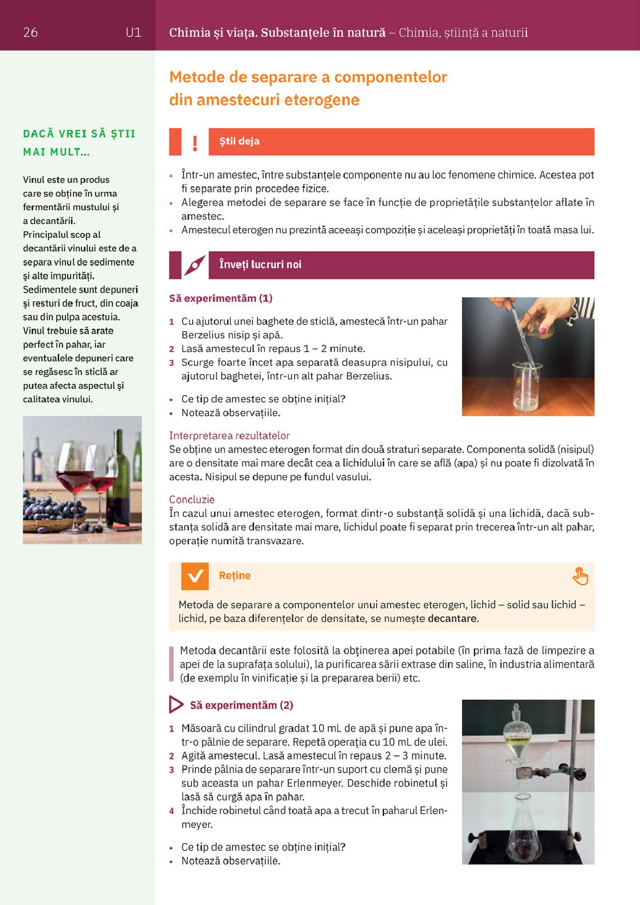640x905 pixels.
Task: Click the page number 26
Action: [x=30, y=33]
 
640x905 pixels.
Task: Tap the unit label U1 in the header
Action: [x=133, y=33]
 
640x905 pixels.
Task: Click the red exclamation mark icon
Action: [x=195, y=143]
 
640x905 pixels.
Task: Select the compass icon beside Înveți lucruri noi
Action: [x=195, y=266]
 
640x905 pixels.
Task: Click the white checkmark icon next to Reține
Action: [x=195, y=576]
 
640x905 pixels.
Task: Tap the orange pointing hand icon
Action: [x=581, y=576]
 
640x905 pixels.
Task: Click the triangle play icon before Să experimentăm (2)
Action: [x=176, y=705]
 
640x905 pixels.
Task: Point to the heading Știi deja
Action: [x=239, y=141]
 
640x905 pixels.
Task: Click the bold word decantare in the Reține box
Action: [x=453, y=618]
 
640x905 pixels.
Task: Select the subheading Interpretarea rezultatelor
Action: [x=229, y=435]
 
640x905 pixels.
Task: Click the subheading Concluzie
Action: [x=192, y=499]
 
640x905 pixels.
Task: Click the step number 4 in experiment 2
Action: [x=172, y=811]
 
